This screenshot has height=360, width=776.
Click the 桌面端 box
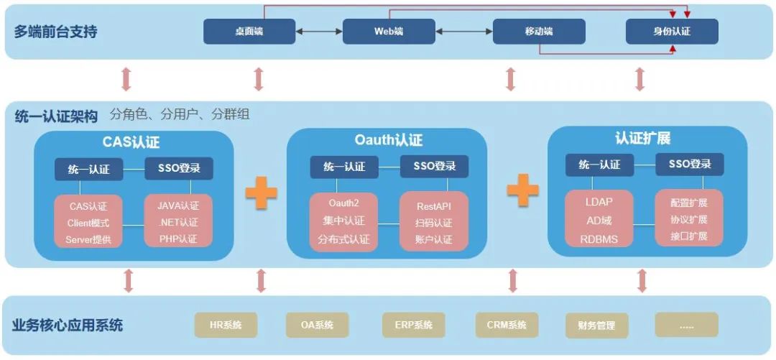point(249,32)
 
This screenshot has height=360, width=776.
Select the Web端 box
point(389,32)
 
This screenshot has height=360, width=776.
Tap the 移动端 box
point(539,32)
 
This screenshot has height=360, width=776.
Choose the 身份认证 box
point(672,32)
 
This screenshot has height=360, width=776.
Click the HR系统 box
point(226,325)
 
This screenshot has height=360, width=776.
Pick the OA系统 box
point(318,325)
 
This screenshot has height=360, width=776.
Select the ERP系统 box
point(414,325)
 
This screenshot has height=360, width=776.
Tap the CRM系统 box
point(507,325)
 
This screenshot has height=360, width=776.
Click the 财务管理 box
point(596,325)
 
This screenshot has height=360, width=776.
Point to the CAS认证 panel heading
point(134,142)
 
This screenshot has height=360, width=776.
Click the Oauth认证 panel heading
point(389,140)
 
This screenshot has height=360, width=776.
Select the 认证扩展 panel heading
point(642,138)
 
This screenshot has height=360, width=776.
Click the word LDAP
point(599,203)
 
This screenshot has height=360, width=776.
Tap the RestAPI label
point(433,206)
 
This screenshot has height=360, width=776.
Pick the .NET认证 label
point(178,223)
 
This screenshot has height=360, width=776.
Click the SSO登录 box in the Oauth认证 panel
point(434,167)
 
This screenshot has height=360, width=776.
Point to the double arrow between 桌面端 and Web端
point(318,32)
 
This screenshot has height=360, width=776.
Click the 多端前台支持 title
point(55,32)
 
